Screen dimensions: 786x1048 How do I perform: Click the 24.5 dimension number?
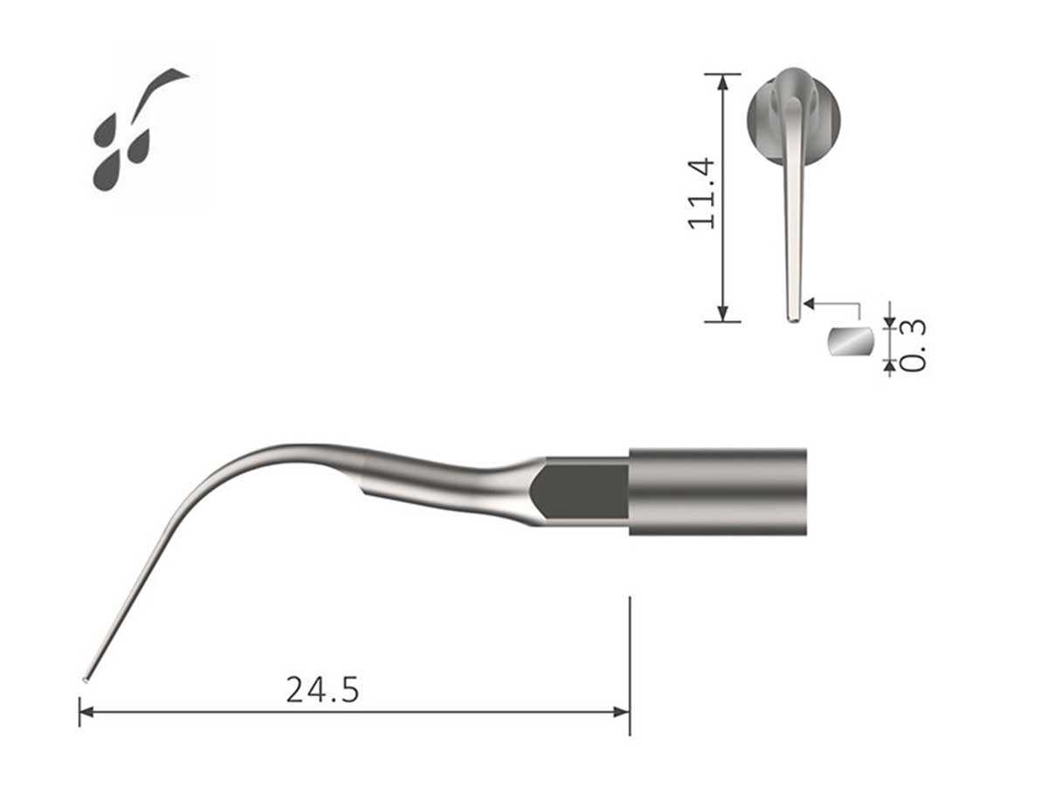[322, 690]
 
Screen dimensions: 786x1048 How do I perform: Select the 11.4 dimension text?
[703, 194]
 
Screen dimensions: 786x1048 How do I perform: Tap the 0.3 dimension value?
[913, 346]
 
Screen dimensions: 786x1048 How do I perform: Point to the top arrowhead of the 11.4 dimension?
[722, 81]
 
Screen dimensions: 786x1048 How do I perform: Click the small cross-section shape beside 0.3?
[851, 341]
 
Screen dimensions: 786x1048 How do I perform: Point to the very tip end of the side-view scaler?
[86, 679]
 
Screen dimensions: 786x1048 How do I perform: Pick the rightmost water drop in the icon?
[139, 146]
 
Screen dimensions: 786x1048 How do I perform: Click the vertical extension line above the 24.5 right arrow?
[629, 646]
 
